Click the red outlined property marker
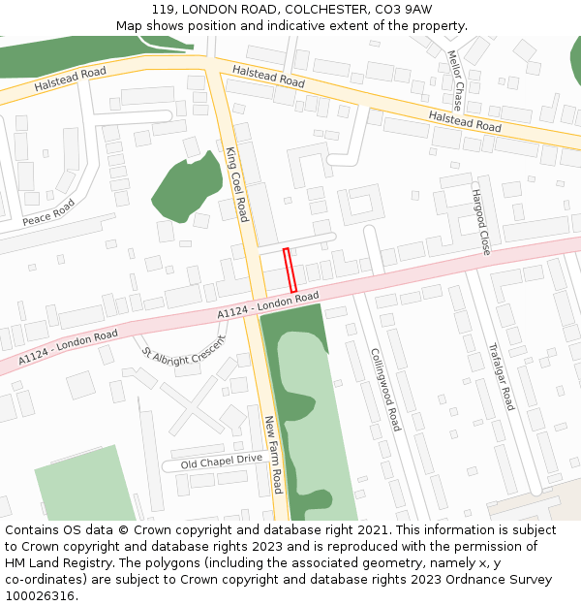click(290, 270)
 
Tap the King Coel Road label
click(237, 184)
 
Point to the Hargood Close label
click(480, 222)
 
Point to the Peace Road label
click(48, 213)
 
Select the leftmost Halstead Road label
click(70, 80)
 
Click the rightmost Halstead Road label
click(465, 120)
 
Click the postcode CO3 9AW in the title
click(406, 10)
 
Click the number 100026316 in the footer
click(39, 596)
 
